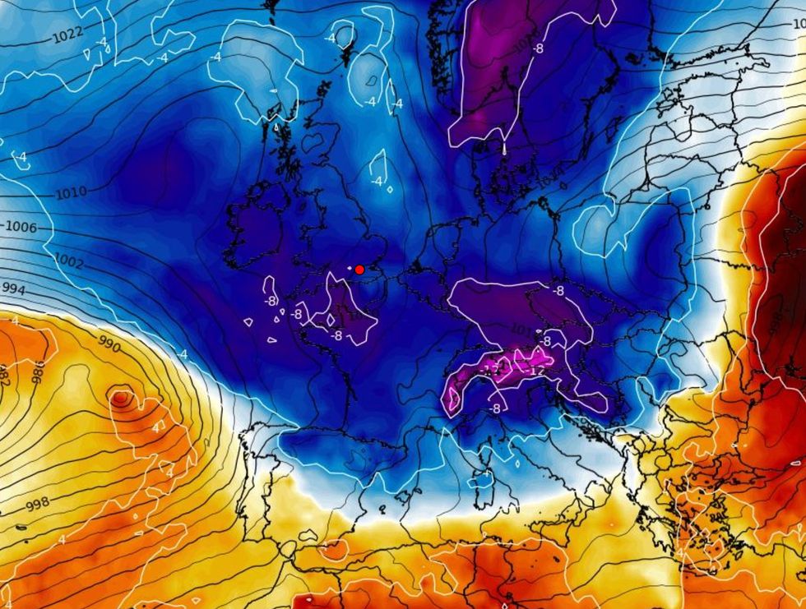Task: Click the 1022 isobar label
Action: click(67, 35)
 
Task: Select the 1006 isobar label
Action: click(21, 227)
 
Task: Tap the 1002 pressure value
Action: click(69, 261)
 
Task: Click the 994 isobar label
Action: click(13, 288)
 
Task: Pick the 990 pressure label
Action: click(109, 345)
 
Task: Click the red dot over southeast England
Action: click(359, 269)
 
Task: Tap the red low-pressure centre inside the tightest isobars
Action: click(121, 399)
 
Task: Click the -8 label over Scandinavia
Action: click(537, 49)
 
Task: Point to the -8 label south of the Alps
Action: click(495, 408)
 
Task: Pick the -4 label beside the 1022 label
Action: click(101, 41)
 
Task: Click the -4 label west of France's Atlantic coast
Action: click(183, 354)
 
